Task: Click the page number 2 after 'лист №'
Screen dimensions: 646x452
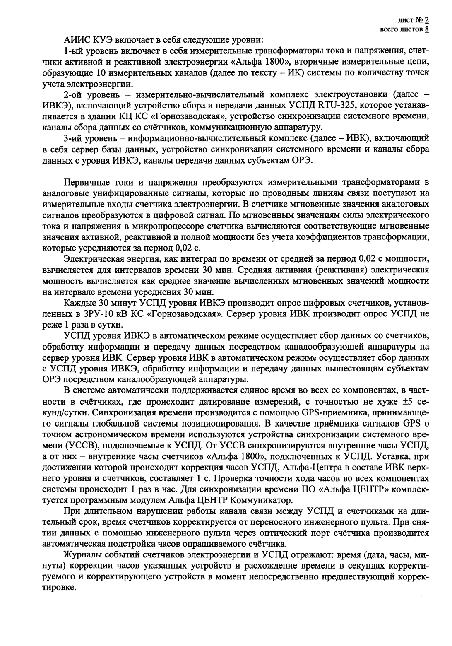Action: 427,20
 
